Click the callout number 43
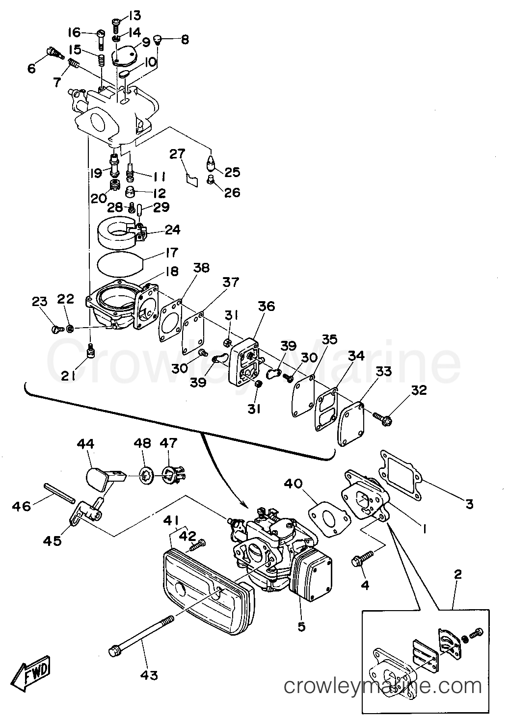149,675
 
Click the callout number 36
267,306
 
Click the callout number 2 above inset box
457,575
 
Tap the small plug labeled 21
90,350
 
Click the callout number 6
31,69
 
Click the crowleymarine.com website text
383,686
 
